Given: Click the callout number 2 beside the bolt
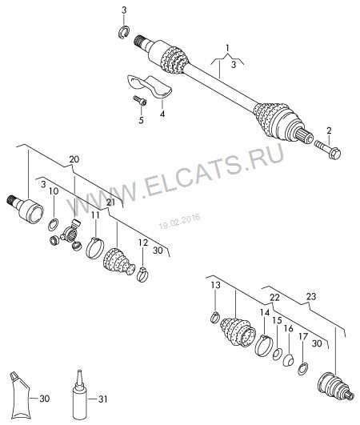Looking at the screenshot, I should pyautogui.click(x=327, y=130).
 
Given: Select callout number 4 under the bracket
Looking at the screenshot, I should pyautogui.click(x=162, y=114).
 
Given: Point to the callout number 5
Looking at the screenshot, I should pyautogui.click(x=141, y=121).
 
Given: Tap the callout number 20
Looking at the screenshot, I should pyautogui.click(x=74, y=160).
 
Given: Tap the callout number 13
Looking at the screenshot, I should pyautogui.click(x=215, y=286).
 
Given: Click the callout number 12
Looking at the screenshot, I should pyautogui.click(x=142, y=243).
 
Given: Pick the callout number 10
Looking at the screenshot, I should pyautogui.click(x=54, y=192).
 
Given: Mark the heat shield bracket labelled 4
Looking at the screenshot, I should pyautogui.click(x=151, y=86).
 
